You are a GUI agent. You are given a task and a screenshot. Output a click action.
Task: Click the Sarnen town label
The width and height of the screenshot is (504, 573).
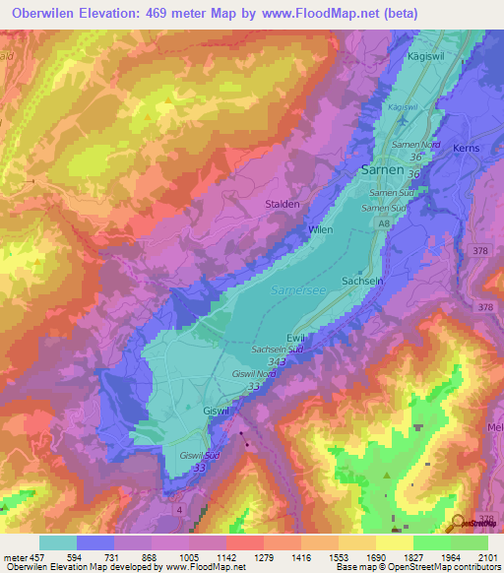[383, 168]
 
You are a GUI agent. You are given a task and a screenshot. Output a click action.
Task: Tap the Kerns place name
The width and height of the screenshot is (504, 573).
[466, 147]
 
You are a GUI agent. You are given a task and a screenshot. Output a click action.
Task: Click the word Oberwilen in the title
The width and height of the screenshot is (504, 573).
[46, 14]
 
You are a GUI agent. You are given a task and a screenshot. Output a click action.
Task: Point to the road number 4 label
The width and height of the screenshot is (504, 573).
[178, 508]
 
